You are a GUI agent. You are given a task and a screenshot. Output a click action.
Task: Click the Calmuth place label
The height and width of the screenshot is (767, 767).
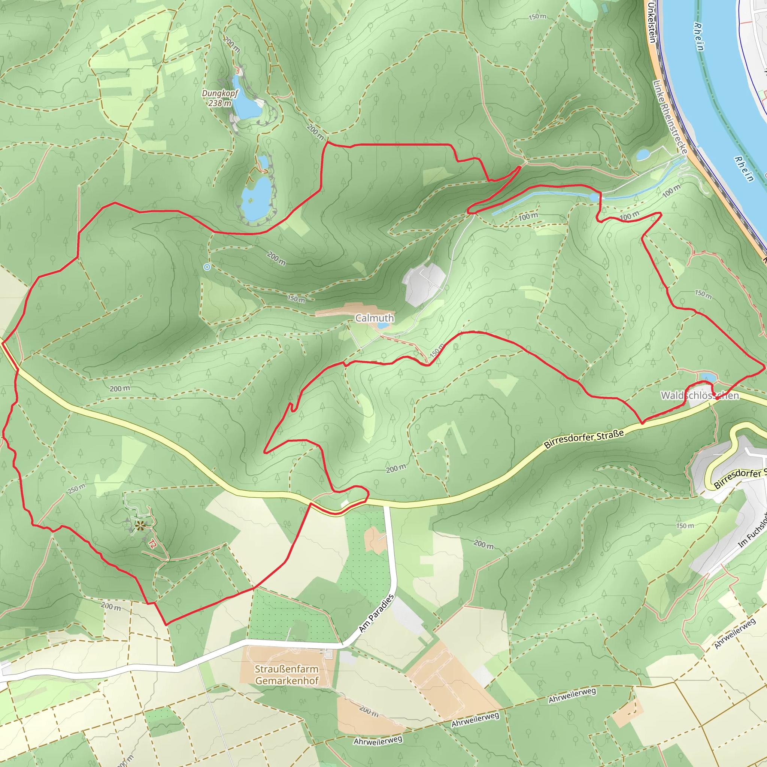pos(375,318)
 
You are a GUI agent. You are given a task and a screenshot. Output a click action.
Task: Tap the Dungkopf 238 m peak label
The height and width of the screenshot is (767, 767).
pos(219,98)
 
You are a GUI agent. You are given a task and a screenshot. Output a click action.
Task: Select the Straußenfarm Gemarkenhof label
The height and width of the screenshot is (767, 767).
pos(287,675)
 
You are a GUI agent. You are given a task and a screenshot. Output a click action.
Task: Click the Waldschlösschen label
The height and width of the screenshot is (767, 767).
pos(700,395)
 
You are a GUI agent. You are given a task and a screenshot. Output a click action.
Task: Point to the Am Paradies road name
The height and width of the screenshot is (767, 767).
pos(376,613)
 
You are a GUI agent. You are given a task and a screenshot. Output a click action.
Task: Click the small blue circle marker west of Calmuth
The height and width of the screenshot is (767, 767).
pos(207,267)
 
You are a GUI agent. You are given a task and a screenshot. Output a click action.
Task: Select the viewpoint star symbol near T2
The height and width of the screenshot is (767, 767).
pos(139,526)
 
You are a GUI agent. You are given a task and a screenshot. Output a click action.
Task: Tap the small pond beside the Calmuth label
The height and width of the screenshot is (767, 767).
pos(383,326)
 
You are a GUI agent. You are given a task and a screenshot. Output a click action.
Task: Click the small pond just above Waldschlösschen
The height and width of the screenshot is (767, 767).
pos(707,376)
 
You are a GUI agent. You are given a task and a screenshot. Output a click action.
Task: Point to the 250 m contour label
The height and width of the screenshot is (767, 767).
pos(76,489)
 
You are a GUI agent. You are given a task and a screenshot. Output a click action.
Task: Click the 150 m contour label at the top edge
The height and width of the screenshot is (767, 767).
pos(537,17)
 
